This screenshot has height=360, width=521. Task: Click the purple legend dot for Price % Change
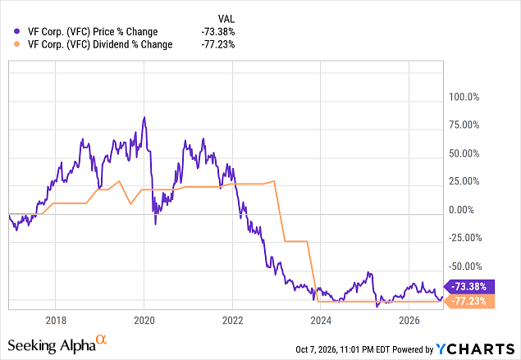tap(17, 31)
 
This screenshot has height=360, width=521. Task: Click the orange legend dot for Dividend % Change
tap(17, 44)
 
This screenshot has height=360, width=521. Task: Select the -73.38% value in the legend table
tap(218, 31)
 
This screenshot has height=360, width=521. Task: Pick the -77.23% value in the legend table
tap(218, 44)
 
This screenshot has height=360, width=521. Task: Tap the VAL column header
tap(226, 19)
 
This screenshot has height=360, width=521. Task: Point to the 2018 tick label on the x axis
tap(56, 321)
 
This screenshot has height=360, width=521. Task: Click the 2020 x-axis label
tap(144, 321)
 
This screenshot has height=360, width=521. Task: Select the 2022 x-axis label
tap(232, 321)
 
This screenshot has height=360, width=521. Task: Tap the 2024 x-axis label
tap(321, 321)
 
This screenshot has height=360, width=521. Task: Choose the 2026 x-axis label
tap(409, 321)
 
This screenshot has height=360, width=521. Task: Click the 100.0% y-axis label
tap(464, 97)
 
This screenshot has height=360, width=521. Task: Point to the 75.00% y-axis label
tap(464, 125)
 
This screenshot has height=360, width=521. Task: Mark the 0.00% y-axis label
tap(462, 210)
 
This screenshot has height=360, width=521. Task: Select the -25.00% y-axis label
tap(465, 238)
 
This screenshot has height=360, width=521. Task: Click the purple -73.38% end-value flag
tap(469, 286)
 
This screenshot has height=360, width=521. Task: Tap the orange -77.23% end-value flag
tap(469, 301)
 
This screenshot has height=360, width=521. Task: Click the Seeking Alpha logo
tap(57, 344)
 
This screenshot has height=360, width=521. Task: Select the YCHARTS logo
tap(475, 349)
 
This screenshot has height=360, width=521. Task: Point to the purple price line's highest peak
tap(144, 117)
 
